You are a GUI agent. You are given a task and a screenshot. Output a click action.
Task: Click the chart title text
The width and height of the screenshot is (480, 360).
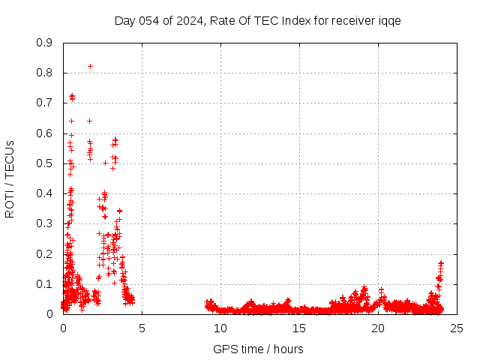point(257,21)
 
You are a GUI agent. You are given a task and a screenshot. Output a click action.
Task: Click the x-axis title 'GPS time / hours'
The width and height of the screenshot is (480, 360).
point(258,349)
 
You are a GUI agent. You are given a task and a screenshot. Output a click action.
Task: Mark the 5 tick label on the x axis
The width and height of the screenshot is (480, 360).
point(142,328)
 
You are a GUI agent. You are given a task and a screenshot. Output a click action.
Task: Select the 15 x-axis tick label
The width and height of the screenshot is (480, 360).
point(299,328)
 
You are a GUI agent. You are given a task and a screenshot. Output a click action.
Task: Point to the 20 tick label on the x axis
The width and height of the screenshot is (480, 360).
point(378,328)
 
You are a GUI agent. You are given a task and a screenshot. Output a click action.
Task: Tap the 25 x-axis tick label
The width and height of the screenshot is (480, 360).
point(457,328)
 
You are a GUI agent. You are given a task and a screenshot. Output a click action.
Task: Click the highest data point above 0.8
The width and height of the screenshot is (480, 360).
point(90,66)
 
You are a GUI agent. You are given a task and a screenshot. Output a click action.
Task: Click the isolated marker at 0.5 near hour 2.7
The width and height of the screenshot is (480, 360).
point(105,163)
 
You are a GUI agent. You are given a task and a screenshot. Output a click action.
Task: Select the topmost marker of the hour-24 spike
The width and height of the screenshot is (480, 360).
point(441,263)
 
